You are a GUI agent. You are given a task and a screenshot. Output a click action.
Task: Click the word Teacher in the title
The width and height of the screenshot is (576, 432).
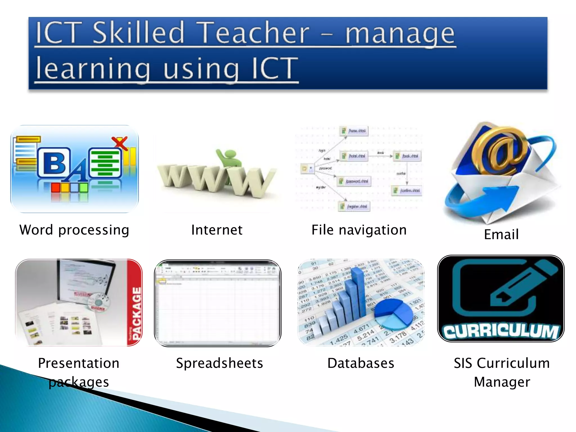coord(255,33)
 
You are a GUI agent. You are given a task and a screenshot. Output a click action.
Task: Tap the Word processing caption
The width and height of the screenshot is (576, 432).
coord(74,230)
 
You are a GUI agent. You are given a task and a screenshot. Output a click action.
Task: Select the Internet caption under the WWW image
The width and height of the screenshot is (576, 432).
coord(217,230)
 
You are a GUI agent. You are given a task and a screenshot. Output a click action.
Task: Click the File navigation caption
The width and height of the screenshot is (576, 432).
coord(359,230)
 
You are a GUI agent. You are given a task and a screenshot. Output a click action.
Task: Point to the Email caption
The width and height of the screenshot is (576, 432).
coord(501,235)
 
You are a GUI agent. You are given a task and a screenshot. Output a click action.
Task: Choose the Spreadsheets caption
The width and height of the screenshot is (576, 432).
coord(219,363)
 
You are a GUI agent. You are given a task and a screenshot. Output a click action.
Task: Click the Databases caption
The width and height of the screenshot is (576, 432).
coord(361,363)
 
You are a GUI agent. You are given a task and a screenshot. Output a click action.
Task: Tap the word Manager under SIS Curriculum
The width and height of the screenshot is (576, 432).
coord(502,382)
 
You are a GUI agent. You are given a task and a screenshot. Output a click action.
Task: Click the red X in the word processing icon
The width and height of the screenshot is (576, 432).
coord(120,143)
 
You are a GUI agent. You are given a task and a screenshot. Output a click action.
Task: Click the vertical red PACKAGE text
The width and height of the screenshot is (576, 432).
coord(136,312)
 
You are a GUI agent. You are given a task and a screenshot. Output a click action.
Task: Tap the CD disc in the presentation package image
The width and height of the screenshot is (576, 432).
coord(98,302)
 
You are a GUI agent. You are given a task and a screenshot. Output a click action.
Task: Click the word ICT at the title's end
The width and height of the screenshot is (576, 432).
coord(274,68)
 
